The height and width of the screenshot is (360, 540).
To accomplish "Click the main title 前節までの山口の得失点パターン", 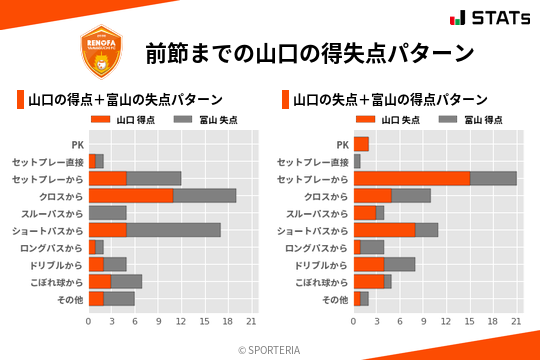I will (x=308, y=53).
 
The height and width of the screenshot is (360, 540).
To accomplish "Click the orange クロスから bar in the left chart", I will (x=131, y=196).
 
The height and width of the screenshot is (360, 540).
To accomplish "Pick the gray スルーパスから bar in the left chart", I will (x=108, y=213).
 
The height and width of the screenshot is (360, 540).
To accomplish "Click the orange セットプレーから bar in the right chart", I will (x=411, y=178).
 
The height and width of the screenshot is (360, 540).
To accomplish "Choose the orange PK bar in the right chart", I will (x=361, y=144).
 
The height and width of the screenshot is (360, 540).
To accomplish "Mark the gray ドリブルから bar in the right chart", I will (x=399, y=264).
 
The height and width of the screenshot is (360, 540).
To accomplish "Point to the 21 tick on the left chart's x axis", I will (x=252, y=321).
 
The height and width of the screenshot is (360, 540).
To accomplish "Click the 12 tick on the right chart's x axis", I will (x=446, y=321).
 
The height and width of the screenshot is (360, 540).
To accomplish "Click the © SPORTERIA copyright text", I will (x=270, y=349).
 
